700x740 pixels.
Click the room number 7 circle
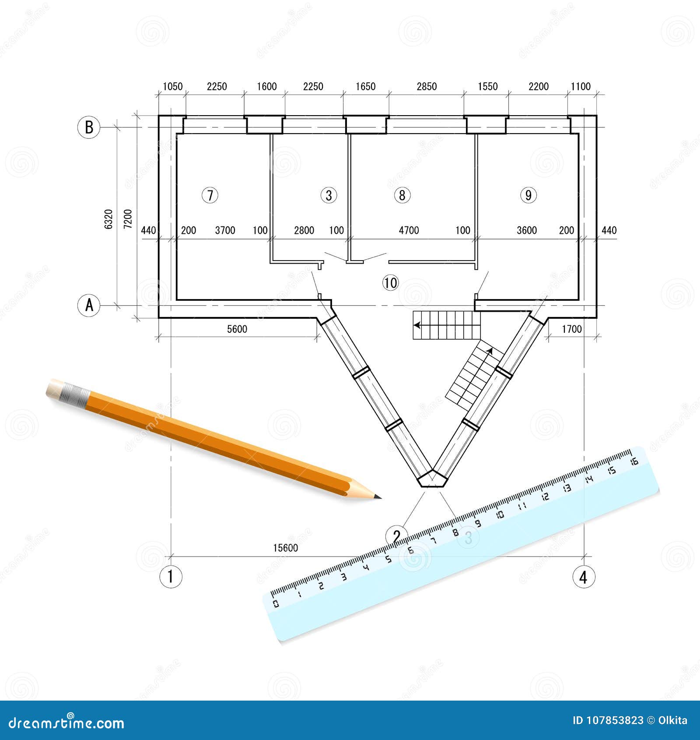(x=210, y=195)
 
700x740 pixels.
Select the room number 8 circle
(x=402, y=195)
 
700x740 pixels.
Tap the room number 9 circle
(x=528, y=195)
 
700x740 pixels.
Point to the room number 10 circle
(x=390, y=283)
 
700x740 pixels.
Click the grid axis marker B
(x=89, y=127)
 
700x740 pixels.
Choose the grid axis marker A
(x=89, y=305)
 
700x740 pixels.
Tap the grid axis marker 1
(x=170, y=577)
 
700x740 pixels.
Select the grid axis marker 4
(x=584, y=577)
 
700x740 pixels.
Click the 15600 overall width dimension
(x=286, y=548)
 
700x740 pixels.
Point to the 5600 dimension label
(x=237, y=329)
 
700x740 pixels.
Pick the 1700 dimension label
(x=572, y=329)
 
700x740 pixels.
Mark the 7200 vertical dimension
(x=128, y=219)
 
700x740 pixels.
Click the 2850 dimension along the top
(x=427, y=86)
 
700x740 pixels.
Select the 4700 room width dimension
(x=409, y=230)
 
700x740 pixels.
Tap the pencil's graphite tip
(x=379, y=497)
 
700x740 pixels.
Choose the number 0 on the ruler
(x=276, y=604)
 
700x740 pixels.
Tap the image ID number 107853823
(x=608, y=720)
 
